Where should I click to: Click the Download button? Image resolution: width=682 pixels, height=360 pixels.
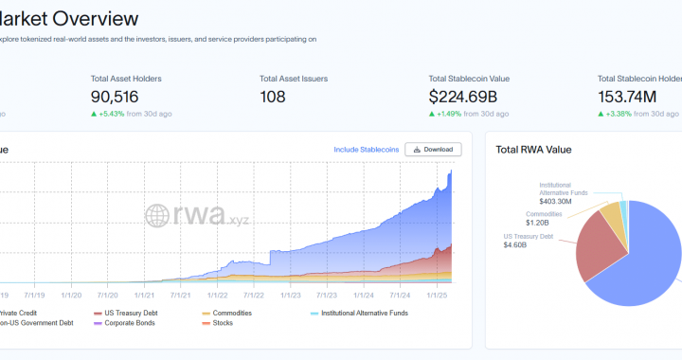[x=433, y=149]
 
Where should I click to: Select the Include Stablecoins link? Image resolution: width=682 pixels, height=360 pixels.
[x=365, y=149]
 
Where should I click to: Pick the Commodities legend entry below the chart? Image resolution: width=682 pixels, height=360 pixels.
[x=231, y=313]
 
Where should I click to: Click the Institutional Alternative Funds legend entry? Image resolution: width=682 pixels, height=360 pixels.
[x=364, y=313]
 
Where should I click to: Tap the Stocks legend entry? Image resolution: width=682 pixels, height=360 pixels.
[x=224, y=324]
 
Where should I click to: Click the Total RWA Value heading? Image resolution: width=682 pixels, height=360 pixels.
[x=533, y=149]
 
